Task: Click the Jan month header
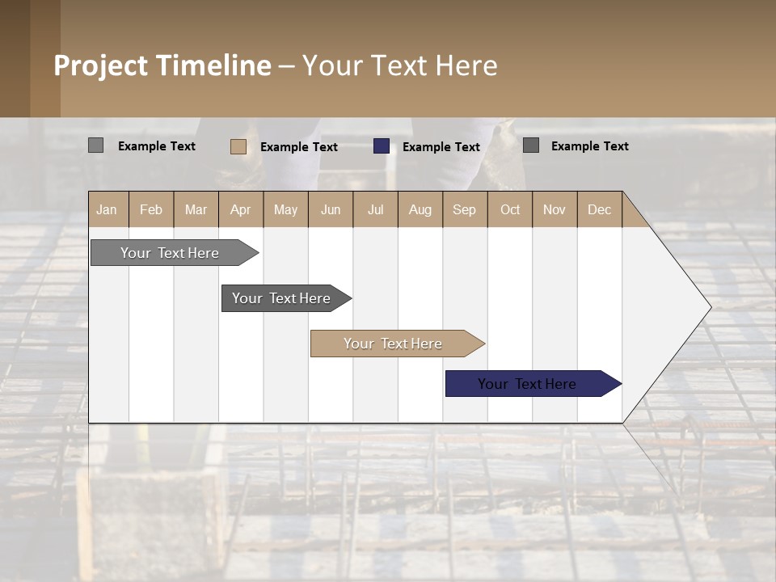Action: click(108, 209)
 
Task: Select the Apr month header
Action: click(240, 209)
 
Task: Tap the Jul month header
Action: click(375, 209)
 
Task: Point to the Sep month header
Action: click(464, 209)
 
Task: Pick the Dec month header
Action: click(599, 209)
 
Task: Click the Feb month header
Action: click(151, 209)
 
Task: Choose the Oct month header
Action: click(510, 209)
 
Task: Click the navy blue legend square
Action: click(382, 146)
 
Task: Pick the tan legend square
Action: click(238, 146)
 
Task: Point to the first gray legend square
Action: click(95, 145)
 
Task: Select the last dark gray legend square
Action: click(531, 145)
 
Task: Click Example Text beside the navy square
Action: click(441, 147)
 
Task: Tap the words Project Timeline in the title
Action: click(162, 65)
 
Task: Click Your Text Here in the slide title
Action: click(399, 65)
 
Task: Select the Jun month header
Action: click(331, 209)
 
